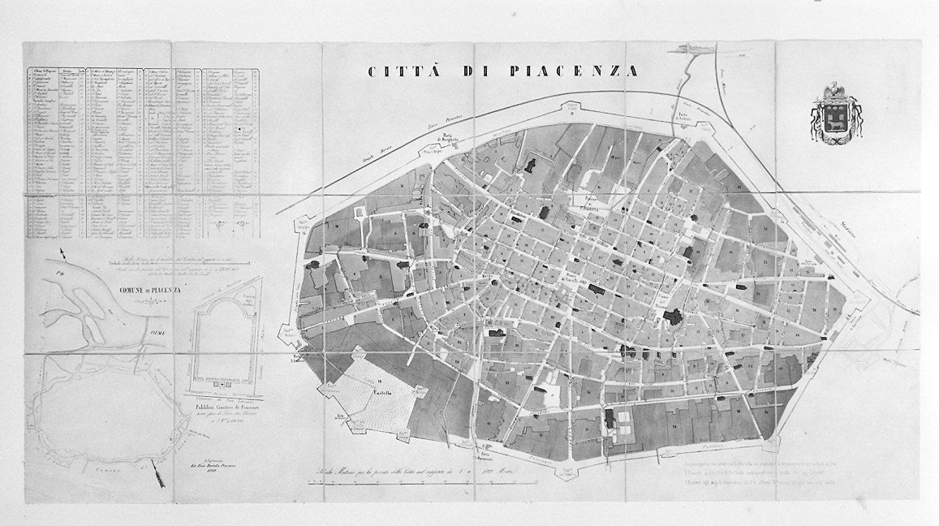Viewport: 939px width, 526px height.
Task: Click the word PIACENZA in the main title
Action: [x=574, y=71]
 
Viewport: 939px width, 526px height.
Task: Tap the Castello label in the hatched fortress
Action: [x=381, y=393]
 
